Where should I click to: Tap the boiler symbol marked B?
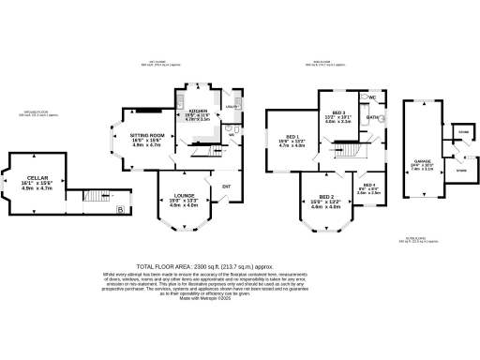click(119, 210)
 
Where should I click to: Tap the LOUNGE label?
click(184, 195)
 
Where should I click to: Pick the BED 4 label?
click(368, 185)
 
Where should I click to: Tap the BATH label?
click(372, 117)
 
